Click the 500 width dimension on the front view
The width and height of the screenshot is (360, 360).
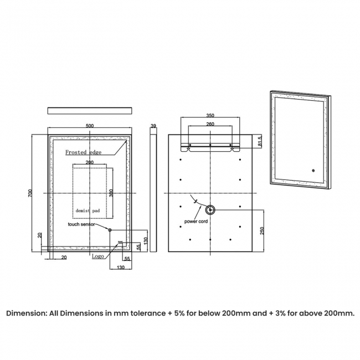coord(90,126)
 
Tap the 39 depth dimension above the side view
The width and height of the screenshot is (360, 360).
coord(153,126)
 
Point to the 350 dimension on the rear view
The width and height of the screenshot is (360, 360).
coord(210,116)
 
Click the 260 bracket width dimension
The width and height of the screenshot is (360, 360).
coord(210,125)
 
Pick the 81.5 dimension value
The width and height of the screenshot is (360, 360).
coord(260,142)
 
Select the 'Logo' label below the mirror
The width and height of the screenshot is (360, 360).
coord(97,256)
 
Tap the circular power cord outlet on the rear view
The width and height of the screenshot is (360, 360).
coord(210,210)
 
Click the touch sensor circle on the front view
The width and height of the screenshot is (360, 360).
coord(110,230)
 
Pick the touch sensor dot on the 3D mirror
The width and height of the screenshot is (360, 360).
coord(312,171)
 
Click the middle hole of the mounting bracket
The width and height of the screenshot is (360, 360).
coord(210,146)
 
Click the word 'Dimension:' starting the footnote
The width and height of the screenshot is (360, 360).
coord(28,313)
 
